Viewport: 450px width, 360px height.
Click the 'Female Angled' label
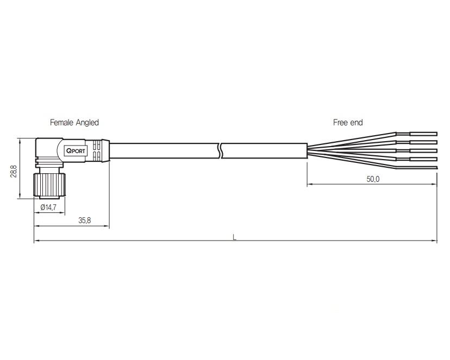[74, 122]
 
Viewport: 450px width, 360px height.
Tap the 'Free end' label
[348, 122]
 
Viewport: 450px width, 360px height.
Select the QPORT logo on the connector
[76, 151]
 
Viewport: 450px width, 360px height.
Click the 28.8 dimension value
[14, 171]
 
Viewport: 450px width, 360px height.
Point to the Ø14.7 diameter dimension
[48, 207]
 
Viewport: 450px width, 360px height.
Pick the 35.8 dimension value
[85, 220]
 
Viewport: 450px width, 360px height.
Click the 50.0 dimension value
[373, 179]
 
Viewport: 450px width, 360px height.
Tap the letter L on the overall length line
[234, 237]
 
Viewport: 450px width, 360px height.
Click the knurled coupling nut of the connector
[49, 184]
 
